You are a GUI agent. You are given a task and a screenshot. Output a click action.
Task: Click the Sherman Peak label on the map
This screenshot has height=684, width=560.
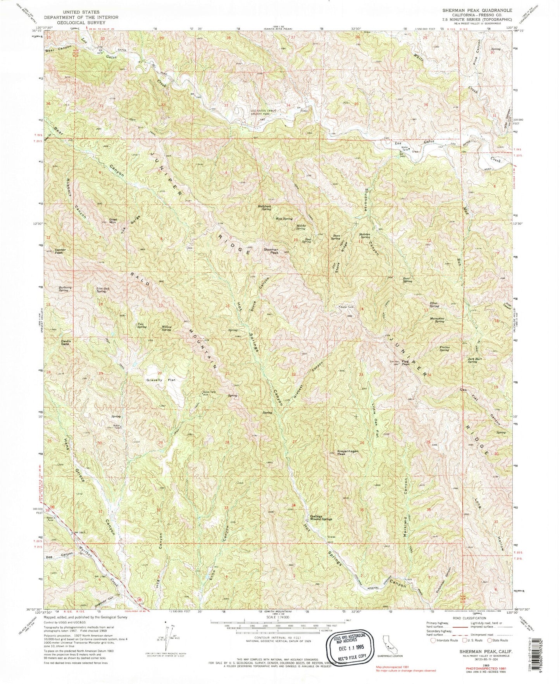271,251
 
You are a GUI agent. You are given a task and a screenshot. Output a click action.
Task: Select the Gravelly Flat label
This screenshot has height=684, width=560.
161,380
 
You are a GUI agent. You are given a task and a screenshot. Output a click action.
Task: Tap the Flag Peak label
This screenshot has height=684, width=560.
406,364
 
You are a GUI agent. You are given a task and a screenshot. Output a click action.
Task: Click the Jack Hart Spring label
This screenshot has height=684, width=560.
472,360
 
